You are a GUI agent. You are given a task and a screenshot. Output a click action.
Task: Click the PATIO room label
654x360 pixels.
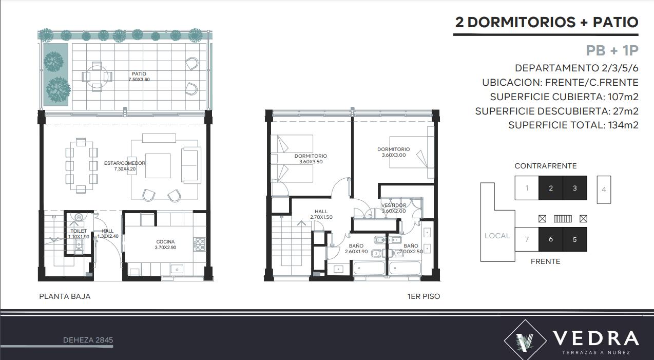click(x=139, y=74)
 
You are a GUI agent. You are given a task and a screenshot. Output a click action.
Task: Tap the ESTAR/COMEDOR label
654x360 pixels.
click(x=125, y=163)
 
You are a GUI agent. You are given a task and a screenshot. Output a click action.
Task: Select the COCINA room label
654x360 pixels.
click(x=165, y=242)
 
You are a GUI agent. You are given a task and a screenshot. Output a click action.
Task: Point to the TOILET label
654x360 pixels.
click(x=79, y=231)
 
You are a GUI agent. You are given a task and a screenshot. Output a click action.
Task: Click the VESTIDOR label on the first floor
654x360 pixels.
click(x=394, y=205)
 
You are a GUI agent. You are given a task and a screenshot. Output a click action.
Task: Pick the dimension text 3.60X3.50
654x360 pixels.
click(x=311, y=162)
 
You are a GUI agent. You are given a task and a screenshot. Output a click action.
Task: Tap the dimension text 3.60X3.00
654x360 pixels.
click(x=394, y=155)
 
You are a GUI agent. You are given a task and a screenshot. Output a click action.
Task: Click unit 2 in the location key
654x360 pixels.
click(x=551, y=188)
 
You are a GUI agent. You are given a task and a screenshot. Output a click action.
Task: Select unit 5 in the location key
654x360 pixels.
click(x=575, y=239)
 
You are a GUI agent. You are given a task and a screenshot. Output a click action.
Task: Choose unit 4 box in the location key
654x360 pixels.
click(x=604, y=190)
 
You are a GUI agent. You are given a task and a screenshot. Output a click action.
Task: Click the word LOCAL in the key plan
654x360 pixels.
click(x=497, y=236)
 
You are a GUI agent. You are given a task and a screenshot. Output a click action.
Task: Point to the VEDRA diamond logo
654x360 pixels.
click(x=525, y=340)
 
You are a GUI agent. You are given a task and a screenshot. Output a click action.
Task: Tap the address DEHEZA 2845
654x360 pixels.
click(x=88, y=340)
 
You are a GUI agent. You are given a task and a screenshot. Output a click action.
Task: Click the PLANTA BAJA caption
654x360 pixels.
click(x=65, y=296)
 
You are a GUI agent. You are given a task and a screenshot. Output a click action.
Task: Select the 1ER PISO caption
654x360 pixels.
click(x=424, y=296)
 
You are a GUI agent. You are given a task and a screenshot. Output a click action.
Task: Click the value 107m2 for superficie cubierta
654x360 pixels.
click(x=623, y=97)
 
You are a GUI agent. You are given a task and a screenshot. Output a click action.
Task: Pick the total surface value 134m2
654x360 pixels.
click(x=623, y=125)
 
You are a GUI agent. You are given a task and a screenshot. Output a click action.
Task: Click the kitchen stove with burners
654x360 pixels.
click(x=200, y=244)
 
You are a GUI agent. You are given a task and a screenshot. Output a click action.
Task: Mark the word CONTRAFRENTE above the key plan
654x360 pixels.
click(x=545, y=166)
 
